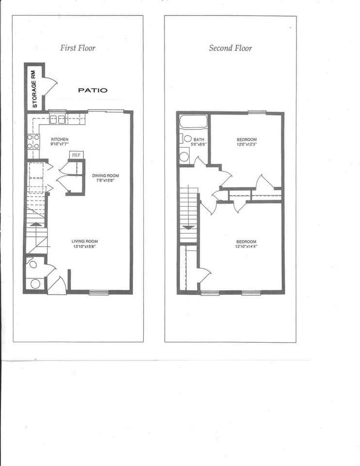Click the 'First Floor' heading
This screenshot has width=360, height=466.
click(77, 48)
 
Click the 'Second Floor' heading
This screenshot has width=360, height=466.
click(230, 48)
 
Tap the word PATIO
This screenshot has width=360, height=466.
click(93, 90)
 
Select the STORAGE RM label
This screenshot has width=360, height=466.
click(34, 87)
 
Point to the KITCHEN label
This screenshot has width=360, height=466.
click(60, 139)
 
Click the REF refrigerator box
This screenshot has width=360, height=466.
click(76, 155)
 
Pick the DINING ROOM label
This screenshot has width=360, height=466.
click(105, 176)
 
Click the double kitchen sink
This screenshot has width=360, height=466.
click(58, 119)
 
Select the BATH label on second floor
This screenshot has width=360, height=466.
click(199, 139)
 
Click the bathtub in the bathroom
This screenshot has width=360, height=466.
click(193, 121)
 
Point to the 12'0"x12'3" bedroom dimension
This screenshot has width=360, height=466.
click(246, 144)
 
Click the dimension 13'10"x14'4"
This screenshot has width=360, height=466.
click(246, 247)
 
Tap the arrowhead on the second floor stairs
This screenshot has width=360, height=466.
click(189, 227)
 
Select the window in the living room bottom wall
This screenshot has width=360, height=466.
click(98, 292)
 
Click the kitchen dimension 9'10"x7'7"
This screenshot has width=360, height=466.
click(60, 144)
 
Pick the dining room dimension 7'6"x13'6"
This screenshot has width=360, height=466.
click(105, 181)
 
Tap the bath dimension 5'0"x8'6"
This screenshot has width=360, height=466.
click(199, 144)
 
